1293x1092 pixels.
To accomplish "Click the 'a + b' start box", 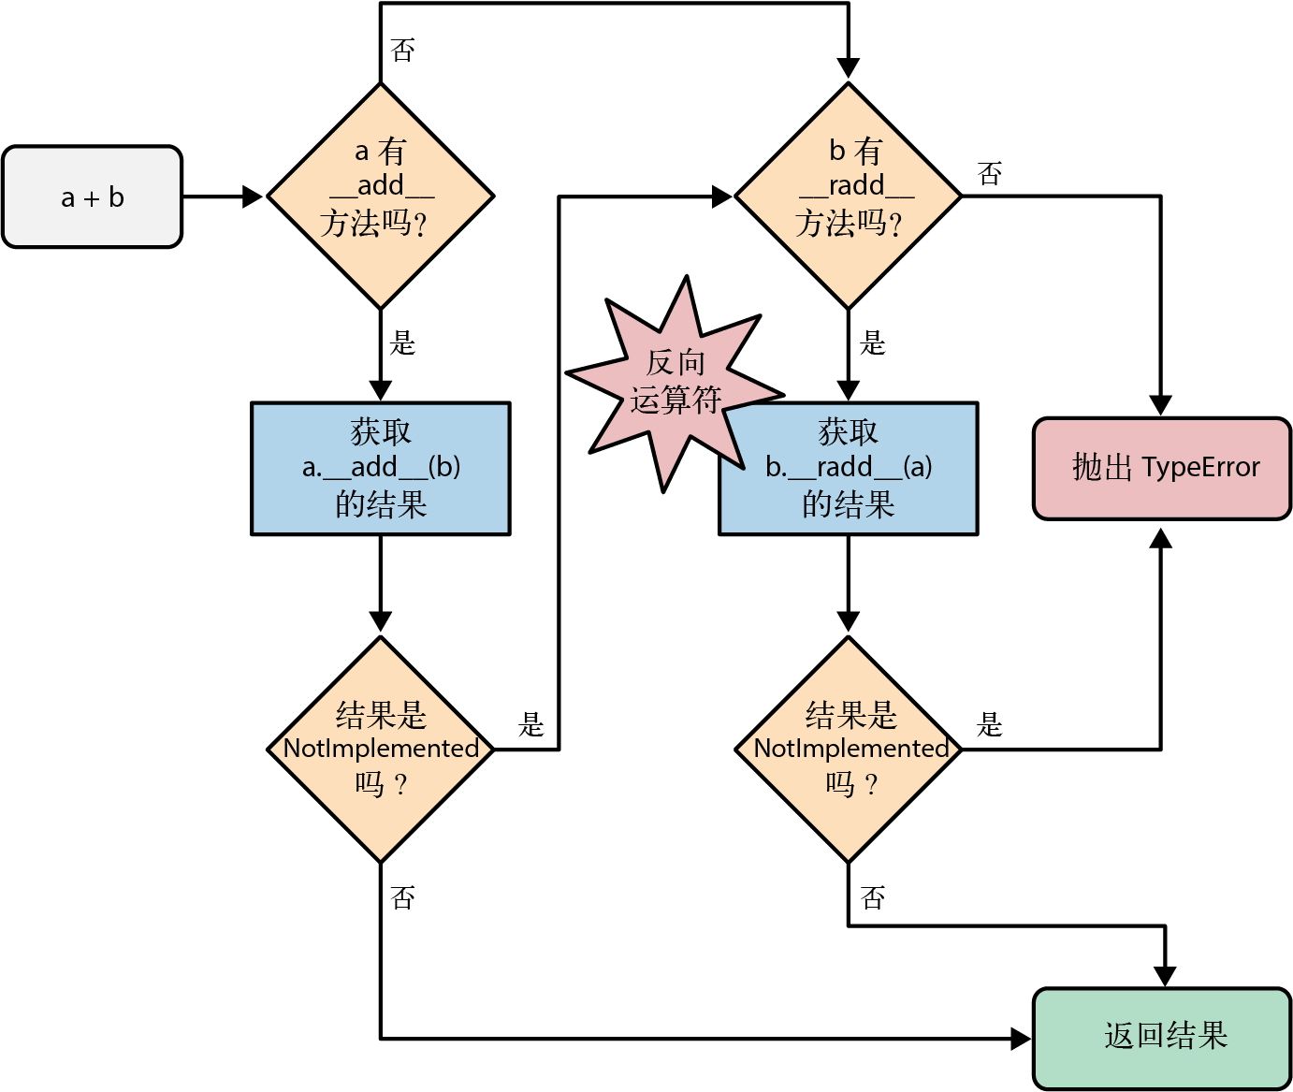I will pyautogui.click(x=92, y=197).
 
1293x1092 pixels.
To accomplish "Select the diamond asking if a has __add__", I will pyautogui.click(x=380, y=196).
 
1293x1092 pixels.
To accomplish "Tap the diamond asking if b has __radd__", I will pyautogui.click(x=848, y=196).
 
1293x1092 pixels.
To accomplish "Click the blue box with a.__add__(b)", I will pyautogui.click(x=380, y=468).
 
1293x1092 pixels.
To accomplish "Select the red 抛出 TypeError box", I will pyautogui.click(x=1161, y=468).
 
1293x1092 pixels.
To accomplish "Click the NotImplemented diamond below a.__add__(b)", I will pyautogui.click(x=380, y=749).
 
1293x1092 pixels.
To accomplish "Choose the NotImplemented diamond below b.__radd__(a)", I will pyautogui.click(x=848, y=749).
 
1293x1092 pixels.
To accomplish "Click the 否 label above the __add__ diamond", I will pyautogui.click(x=402, y=51).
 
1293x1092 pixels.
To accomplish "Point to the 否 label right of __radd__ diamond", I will pyautogui.click(x=989, y=174).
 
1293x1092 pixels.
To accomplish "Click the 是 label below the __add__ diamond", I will pyautogui.click(x=402, y=343).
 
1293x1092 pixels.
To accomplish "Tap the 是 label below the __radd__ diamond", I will pyautogui.click(x=872, y=343).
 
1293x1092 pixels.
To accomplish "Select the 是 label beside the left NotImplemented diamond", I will pyautogui.click(x=530, y=724).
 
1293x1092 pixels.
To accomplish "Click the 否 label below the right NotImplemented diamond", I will pyautogui.click(x=872, y=898).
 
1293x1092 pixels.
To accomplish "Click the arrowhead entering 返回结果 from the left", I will pyautogui.click(x=1021, y=1038).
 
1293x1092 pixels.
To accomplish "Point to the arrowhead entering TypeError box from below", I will pyautogui.click(x=1160, y=538).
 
